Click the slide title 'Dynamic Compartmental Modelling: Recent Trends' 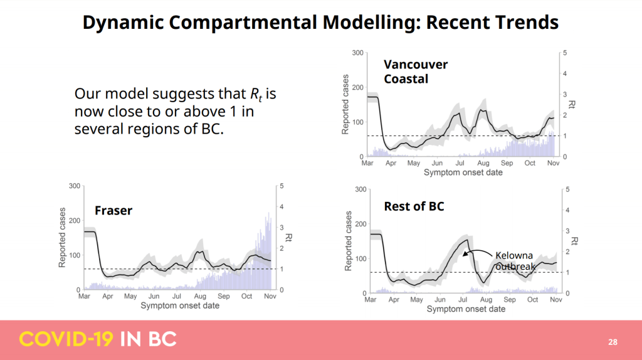point(320,23)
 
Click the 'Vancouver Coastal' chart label point(416,71)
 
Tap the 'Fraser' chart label point(113,210)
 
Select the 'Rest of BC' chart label point(414,206)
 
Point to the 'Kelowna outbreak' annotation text point(515,261)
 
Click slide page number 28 point(613,342)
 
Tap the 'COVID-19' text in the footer point(66,339)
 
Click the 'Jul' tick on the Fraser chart point(177,296)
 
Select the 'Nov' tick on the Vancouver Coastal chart point(554,163)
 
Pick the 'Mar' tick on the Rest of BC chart point(371,300)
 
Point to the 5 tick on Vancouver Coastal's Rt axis point(565,53)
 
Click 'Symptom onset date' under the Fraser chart point(180,305)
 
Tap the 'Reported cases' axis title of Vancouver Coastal point(345,105)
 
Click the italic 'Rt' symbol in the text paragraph point(255,95)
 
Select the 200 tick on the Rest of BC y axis point(360,224)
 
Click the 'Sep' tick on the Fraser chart point(223,296)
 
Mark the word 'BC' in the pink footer point(162,339)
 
